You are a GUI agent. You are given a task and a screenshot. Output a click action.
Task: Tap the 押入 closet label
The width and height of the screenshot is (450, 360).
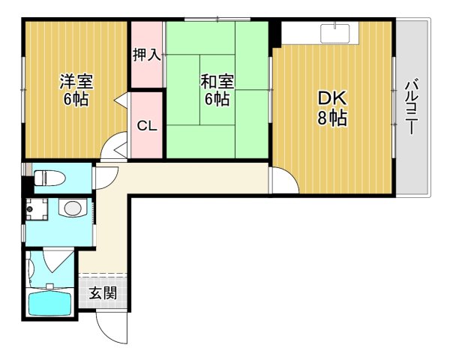[146, 55]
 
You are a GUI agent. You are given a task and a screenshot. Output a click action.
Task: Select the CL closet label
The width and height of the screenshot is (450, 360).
[147, 125]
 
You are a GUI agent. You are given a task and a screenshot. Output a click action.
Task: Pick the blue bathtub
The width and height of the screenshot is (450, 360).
[49, 304]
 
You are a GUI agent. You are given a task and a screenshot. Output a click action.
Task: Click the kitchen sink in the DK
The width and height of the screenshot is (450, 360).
[334, 34]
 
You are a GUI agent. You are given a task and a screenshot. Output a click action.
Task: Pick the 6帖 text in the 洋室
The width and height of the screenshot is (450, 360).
[75, 99]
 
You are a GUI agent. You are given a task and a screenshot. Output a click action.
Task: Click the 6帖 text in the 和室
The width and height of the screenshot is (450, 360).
[215, 99]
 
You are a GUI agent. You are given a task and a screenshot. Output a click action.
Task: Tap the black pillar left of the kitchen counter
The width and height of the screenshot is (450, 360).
[275, 34]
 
